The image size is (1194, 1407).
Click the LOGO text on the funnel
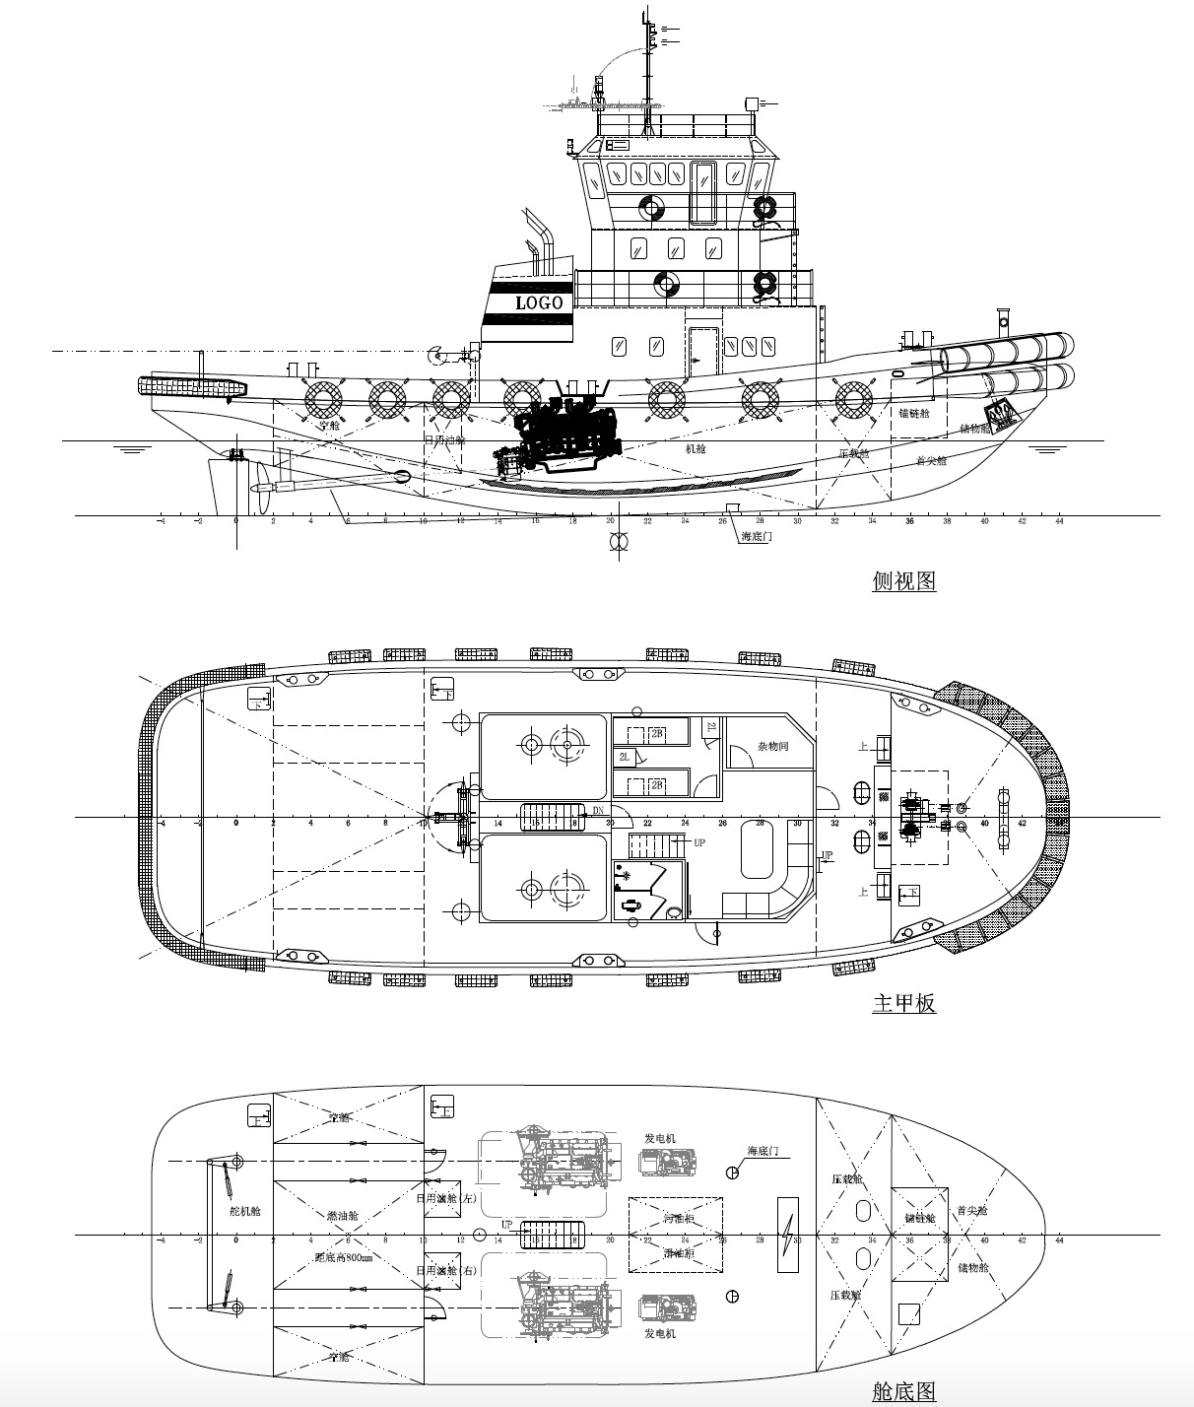click(539, 302)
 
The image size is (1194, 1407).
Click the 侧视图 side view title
click(903, 580)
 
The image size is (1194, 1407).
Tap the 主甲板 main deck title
click(903, 1003)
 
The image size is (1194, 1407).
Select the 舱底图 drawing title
click(903, 1390)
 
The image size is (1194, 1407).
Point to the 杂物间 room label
click(772, 747)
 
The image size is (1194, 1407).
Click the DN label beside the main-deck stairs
click(598, 811)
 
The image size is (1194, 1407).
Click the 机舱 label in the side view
click(696, 448)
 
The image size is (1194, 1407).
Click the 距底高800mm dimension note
click(343, 1258)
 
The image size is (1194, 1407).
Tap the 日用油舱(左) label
click(446, 1198)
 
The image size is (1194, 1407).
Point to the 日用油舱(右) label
click(446, 1270)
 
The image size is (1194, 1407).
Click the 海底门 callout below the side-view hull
click(758, 537)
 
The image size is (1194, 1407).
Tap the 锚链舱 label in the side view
click(913, 414)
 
